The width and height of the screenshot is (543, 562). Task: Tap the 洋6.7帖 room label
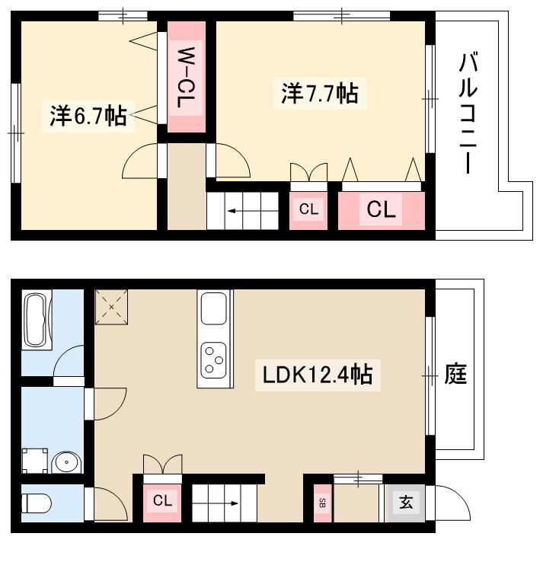point(88,116)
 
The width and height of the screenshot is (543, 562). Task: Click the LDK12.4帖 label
point(318,374)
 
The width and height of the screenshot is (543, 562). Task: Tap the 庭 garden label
point(455,374)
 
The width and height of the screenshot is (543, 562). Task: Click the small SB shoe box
point(321,503)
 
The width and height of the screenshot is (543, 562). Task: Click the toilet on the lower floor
point(36,504)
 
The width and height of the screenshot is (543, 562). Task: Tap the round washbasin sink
point(66,461)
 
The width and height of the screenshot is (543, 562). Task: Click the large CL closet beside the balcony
point(382,209)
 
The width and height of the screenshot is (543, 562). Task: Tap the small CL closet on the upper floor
point(308,209)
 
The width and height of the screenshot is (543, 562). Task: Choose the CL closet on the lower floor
point(162,501)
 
